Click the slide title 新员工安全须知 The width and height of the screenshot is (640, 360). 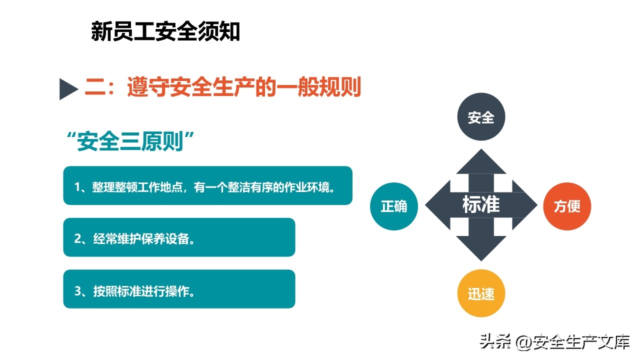[x=165, y=31]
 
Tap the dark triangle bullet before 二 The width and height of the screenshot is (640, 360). [x=68, y=89]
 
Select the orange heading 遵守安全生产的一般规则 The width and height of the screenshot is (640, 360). [x=244, y=86]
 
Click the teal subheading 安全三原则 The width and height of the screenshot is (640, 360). [x=130, y=141]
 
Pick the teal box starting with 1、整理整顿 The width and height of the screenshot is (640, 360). [x=207, y=185]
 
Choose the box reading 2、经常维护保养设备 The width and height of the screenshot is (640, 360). [x=179, y=237]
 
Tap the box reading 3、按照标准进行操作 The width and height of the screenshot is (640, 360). [x=179, y=289]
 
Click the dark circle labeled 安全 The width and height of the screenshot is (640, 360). [x=481, y=116]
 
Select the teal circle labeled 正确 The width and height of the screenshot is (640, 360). [x=394, y=206]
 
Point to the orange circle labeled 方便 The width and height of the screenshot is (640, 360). [x=567, y=206]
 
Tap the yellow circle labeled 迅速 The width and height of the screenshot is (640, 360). [x=481, y=293]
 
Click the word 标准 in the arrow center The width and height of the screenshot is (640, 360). [x=481, y=204]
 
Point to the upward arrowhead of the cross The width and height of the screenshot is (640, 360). [x=481, y=161]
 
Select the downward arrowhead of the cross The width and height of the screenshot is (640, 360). [x=481, y=248]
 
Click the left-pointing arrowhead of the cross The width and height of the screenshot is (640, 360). [x=437, y=205]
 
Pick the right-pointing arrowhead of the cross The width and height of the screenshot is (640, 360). [x=525, y=205]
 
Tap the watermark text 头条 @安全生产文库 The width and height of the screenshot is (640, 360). [x=554, y=342]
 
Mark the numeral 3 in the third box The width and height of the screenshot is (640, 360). [x=77, y=291]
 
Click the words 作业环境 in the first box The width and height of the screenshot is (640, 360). [x=306, y=187]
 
